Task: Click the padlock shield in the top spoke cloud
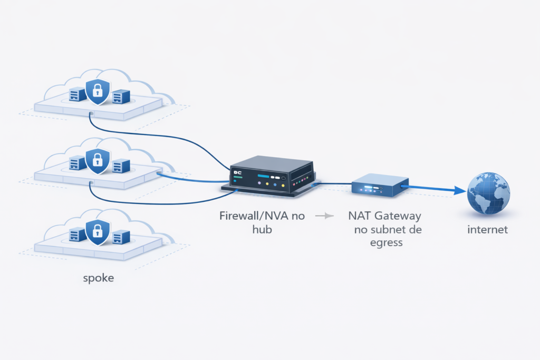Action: coord(97,91)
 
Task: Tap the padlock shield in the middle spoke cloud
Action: coord(97,160)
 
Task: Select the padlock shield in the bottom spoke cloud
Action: coord(97,232)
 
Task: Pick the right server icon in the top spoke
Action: coord(121,96)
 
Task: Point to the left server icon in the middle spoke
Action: coord(78,163)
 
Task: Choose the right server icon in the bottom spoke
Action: coord(121,237)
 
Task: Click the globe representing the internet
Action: coord(488,193)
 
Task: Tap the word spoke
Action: coord(99,278)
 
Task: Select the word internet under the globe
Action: coord(488,230)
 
